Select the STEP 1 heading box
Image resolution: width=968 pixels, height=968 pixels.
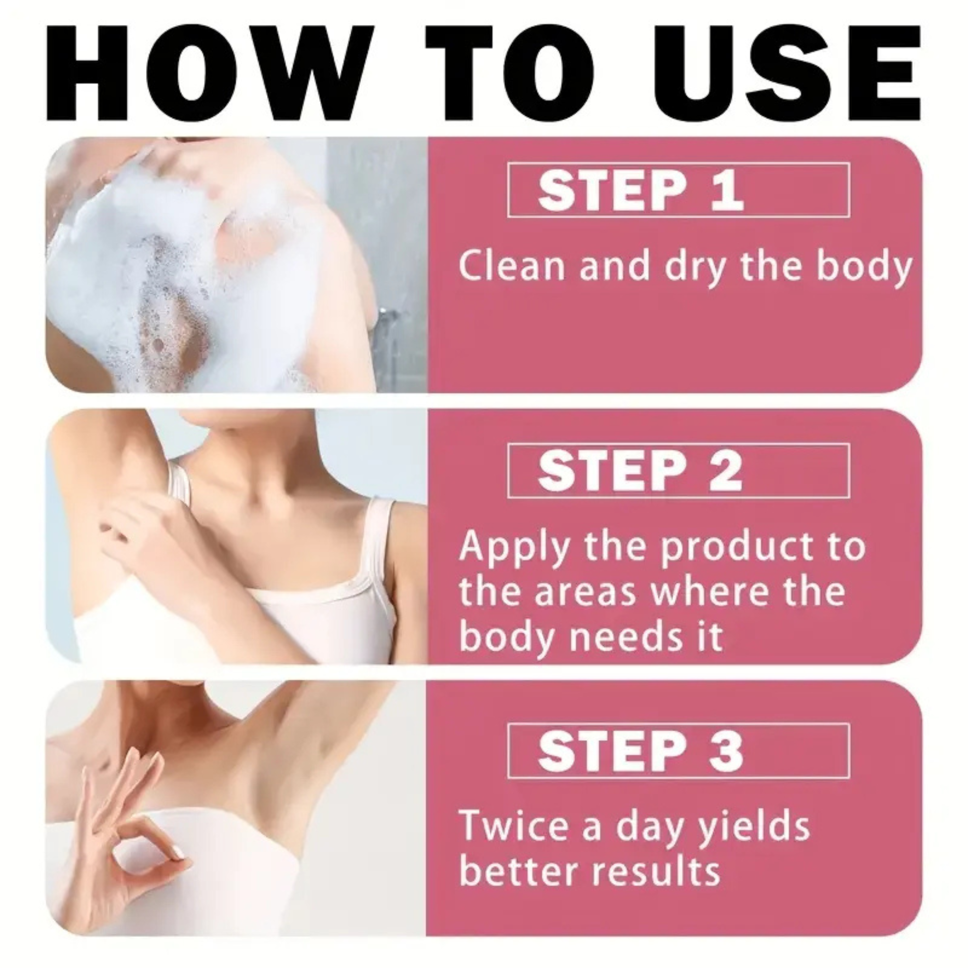pos(678,190)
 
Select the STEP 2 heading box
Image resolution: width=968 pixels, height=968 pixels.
pos(678,470)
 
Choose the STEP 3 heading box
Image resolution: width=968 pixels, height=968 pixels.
pos(678,751)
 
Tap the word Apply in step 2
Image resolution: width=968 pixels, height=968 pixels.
pos(514,548)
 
